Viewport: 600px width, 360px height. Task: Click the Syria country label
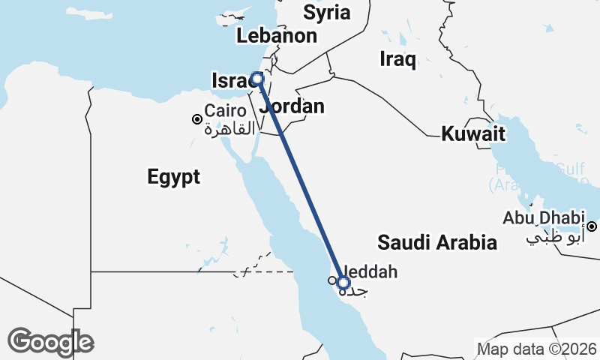click(326, 12)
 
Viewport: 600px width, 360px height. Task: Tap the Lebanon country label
click(276, 35)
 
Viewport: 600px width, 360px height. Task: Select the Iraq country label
click(397, 59)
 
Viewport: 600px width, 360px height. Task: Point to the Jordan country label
click(292, 106)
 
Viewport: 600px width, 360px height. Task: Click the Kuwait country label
click(472, 134)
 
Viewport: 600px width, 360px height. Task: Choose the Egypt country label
click(174, 177)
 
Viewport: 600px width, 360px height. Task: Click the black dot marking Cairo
click(196, 118)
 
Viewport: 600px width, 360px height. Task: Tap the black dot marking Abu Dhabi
click(592, 226)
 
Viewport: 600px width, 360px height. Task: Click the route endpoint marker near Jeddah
click(343, 283)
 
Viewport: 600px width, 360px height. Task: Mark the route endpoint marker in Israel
click(257, 79)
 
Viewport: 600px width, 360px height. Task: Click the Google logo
click(50, 341)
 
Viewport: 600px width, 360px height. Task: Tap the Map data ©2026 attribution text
click(537, 349)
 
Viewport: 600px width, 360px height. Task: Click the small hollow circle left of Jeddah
click(331, 280)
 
